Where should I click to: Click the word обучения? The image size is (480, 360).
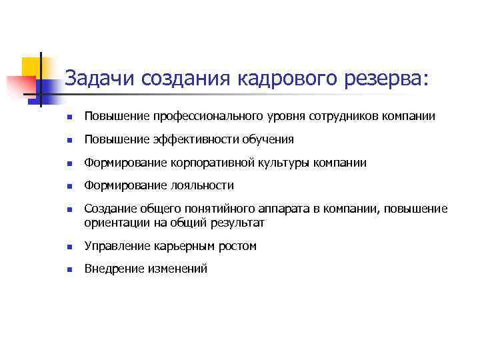coord(269,140)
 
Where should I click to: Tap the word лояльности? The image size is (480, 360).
coord(203,186)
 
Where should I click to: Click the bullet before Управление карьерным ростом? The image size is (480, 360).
coord(68,247)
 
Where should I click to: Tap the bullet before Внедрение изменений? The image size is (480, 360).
coord(68,269)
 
